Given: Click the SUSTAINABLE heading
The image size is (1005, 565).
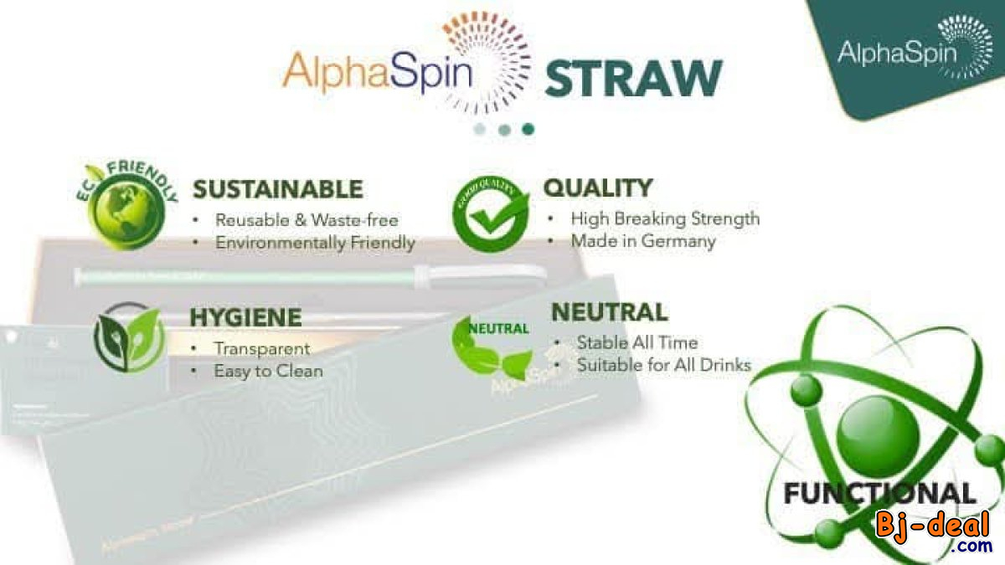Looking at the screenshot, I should click(278, 189).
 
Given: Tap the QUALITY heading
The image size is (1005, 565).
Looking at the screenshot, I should click(597, 187).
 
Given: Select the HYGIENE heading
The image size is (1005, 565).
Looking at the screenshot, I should click(245, 318).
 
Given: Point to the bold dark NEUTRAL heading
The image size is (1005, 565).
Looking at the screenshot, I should click(609, 313).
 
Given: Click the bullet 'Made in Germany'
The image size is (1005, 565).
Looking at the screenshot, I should click(642, 241).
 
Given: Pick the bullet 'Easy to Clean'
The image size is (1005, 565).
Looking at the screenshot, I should click(268, 371).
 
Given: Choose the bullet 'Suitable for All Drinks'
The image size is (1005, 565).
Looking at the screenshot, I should click(663, 365).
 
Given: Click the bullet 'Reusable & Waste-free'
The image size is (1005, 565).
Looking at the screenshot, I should click(307, 221).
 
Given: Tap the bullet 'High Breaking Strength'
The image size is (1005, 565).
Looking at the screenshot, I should click(665, 218).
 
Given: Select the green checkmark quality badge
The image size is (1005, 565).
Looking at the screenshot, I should click(492, 215).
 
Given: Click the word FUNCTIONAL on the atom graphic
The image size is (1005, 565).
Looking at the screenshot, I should click(879, 493).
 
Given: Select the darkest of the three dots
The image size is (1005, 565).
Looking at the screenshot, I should click(528, 129).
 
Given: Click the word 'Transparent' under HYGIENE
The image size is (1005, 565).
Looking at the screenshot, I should click(261, 349).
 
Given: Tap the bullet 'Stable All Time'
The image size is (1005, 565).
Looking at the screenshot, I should click(636, 342).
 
